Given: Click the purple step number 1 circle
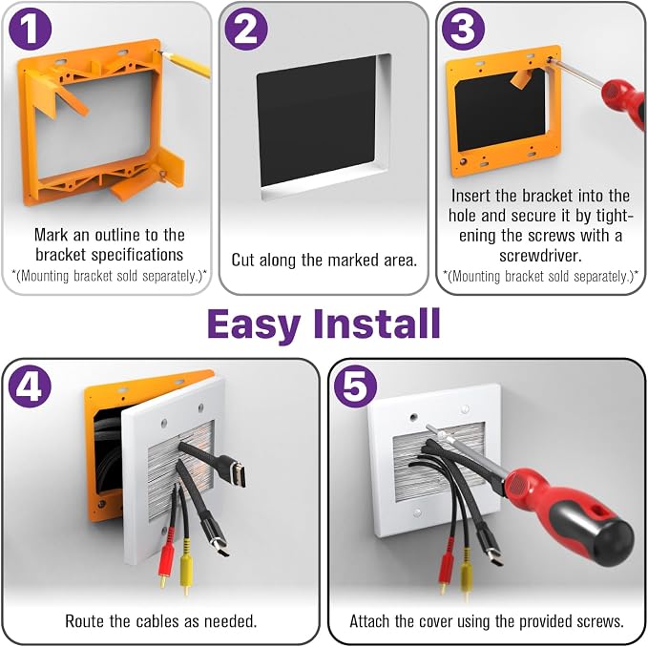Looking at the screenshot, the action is (x=30, y=29).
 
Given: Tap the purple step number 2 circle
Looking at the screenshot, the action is (x=246, y=29).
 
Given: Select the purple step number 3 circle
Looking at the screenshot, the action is (x=463, y=29).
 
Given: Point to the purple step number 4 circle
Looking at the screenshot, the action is (x=30, y=386).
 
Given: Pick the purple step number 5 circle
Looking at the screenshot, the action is (x=355, y=386).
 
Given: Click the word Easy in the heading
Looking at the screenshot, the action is (x=255, y=324).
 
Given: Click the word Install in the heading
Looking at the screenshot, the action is (x=377, y=323).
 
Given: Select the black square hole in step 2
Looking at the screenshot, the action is (x=316, y=121).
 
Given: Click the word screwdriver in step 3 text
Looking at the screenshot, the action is (x=540, y=256).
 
